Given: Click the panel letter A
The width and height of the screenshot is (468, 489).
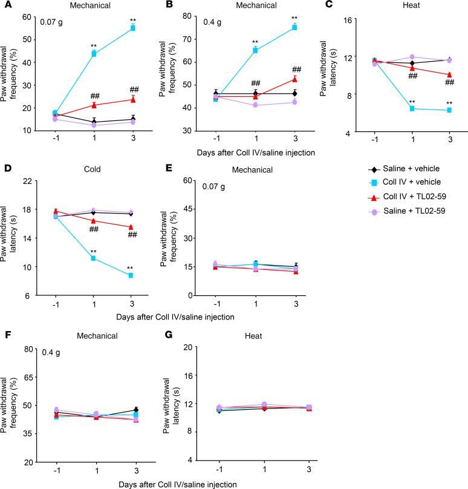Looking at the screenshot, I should [x=5, y=5].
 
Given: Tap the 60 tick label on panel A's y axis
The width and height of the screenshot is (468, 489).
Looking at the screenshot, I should [x=28, y=16].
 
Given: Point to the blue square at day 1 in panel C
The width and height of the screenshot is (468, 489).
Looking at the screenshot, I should [x=412, y=108].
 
